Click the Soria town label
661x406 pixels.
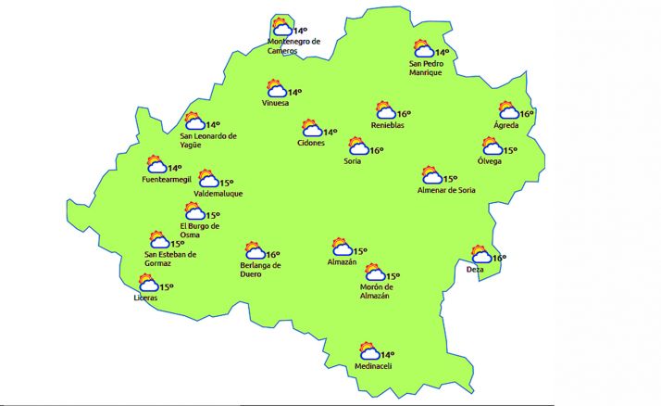[x=351, y=162]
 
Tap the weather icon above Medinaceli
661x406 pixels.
[x=369, y=351]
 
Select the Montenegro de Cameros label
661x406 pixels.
[x=293, y=46]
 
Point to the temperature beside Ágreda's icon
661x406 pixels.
[x=527, y=114]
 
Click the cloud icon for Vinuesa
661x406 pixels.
[x=275, y=91]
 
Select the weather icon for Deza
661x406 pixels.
[x=480, y=255]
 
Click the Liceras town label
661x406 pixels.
[x=145, y=298]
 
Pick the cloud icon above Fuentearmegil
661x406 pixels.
[x=156, y=166]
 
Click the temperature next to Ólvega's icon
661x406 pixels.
[x=510, y=149]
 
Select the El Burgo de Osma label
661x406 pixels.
[x=199, y=230]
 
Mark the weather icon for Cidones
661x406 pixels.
[x=310, y=130]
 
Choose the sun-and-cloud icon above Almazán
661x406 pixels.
[x=343, y=247]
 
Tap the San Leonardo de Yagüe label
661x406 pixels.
[x=208, y=139]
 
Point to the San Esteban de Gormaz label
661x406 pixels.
[x=171, y=259]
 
